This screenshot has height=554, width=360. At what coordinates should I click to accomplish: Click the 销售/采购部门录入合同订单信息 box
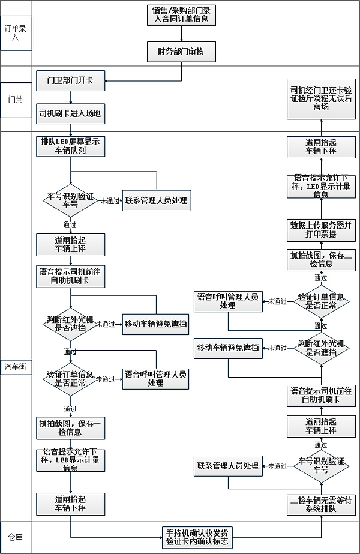[x=181, y=15]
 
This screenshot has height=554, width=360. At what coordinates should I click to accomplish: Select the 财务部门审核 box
[x=181, y=52]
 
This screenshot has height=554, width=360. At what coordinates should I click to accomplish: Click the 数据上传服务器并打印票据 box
[x=320, y=229]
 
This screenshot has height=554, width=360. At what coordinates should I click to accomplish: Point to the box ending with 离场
[x=320, y=95]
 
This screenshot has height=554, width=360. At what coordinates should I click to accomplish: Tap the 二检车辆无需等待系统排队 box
[x=320, y=504]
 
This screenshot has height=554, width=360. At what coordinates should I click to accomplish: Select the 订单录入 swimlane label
[x=16, y=33]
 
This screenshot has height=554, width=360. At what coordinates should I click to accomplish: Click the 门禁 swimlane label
[x=16, y=99]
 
